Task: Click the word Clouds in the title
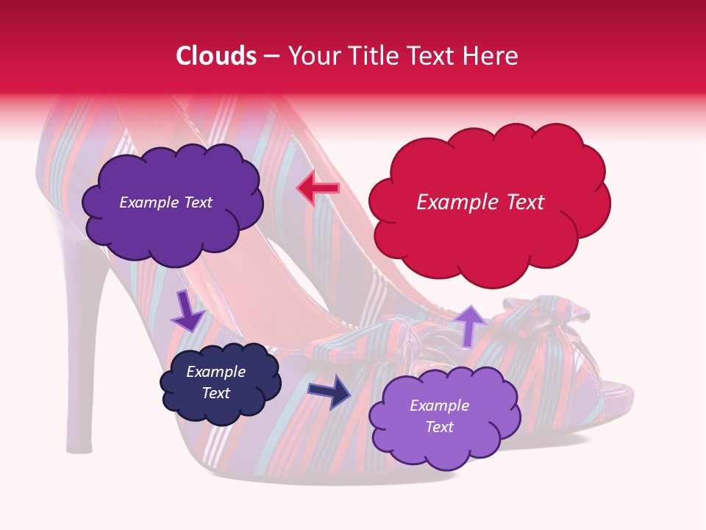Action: (216, 56)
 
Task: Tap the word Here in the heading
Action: (491, 56)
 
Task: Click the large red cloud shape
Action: (489, 202)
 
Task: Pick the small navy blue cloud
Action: (221, 383)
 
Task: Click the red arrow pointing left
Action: (318, 188)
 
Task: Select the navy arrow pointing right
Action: (329, 391)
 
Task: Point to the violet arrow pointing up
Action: (471, 324)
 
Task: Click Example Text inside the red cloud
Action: (480, 202)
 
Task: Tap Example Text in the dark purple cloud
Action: (165, 202)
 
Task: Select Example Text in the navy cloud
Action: (215, 382)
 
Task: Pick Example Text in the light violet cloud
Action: (439, 416)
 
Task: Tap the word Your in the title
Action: (309, 56)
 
